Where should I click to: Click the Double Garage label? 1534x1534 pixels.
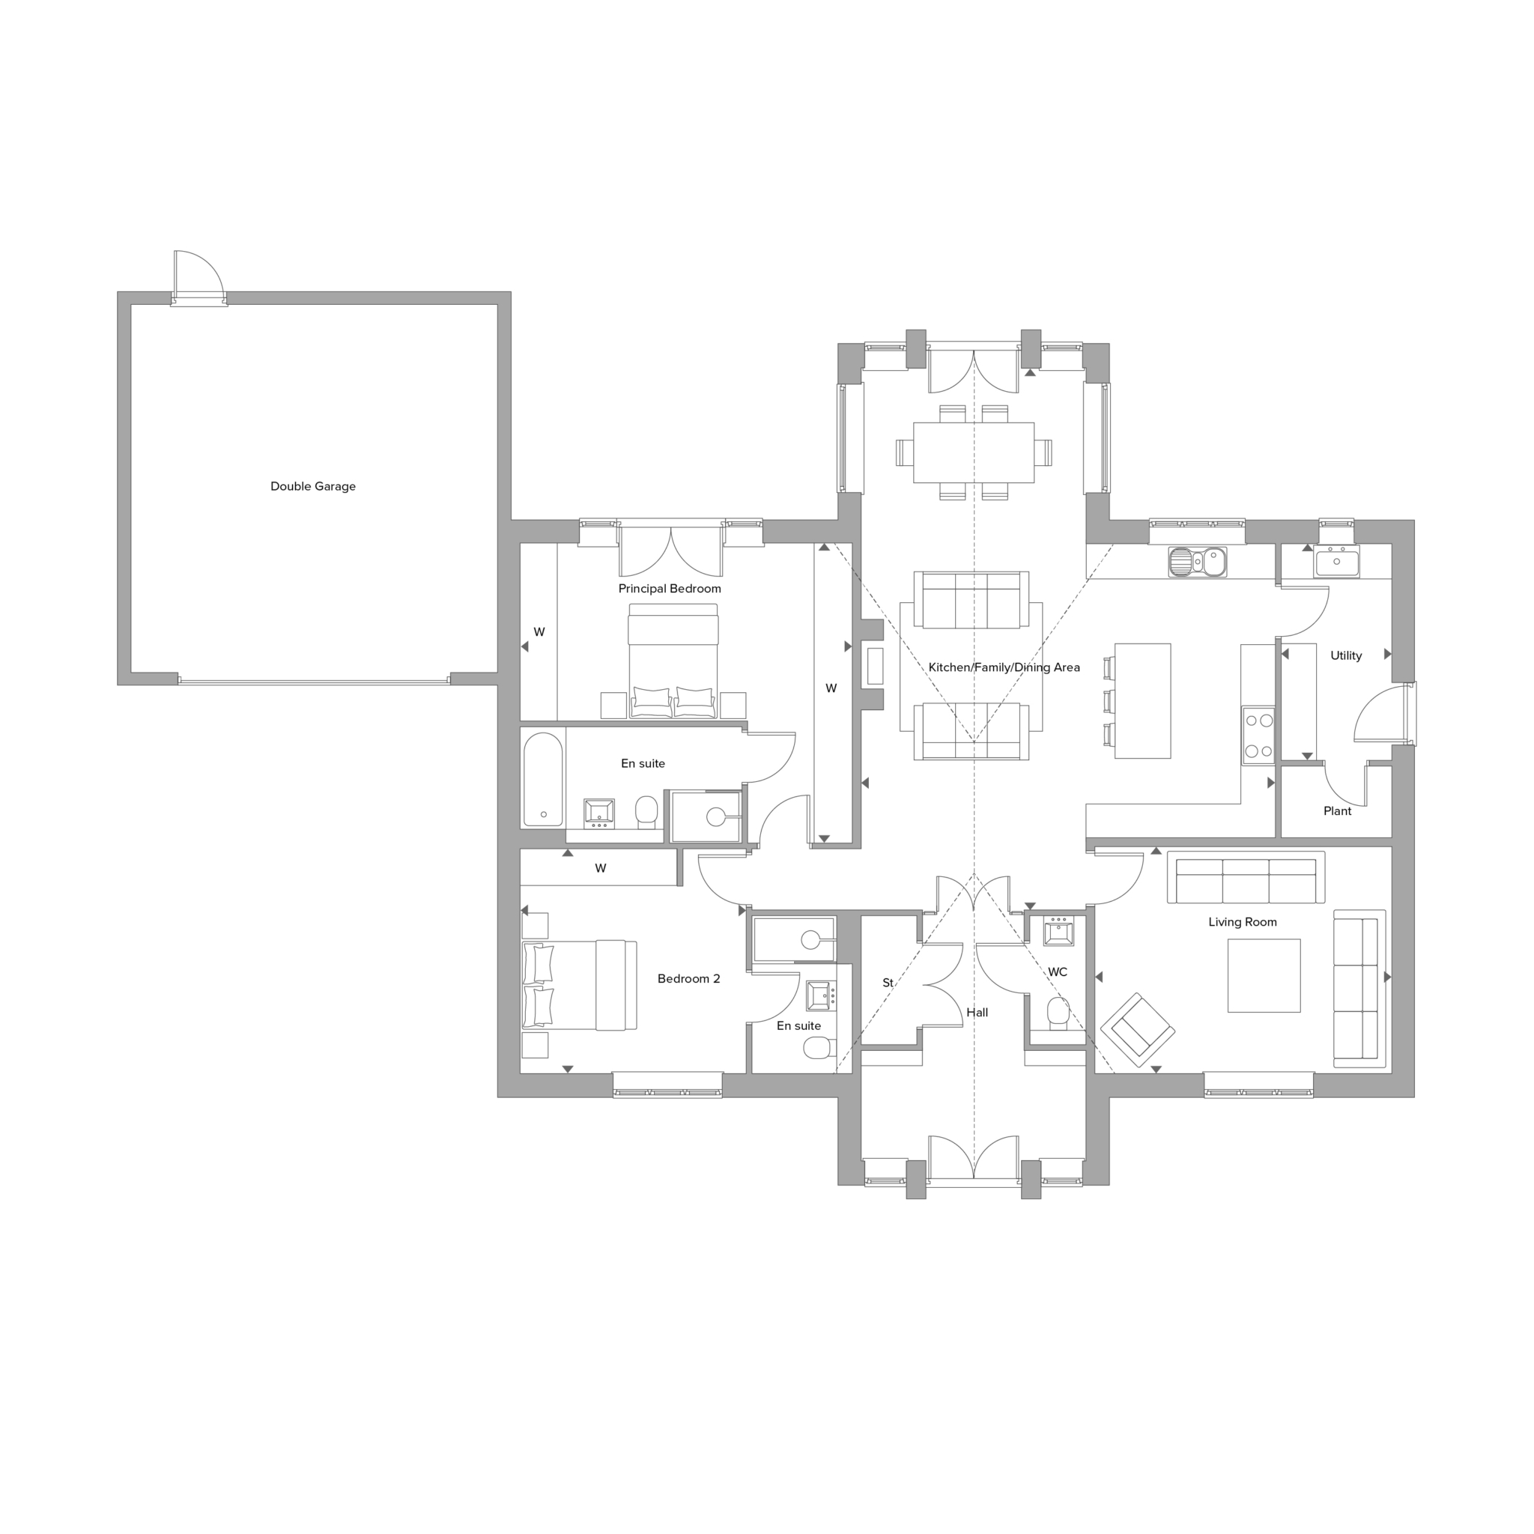click(x=313, y=486)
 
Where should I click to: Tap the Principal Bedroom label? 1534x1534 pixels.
click(x=670, y=588)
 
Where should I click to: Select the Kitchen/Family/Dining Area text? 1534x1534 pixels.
click(x=1004, y=667)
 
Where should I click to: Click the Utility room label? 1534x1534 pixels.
click(x=1346, y=655)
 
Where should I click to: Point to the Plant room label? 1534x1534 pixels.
click(x=1337, y=810)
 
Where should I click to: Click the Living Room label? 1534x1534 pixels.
click(x=1243, y=922)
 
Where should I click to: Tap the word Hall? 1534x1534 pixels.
click(x=977, y=1013)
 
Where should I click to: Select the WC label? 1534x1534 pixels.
click(x=1058, y=971)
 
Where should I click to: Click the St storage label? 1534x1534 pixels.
click(x=888, y=982)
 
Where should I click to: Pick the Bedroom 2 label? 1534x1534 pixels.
click(x=688, y=978)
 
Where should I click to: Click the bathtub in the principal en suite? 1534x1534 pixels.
click(x=543, y=779)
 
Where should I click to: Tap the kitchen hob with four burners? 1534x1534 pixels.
click(x=1258, y=736)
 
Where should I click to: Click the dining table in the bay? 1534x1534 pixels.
click(x=974, y=452)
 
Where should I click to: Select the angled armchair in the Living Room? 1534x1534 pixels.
click(x=1138, y=1030)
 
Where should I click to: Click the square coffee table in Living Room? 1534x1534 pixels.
click(x=1264, y=976)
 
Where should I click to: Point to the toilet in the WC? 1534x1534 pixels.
click(x=1058, y=1013)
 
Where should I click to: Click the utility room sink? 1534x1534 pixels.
click(x=1336, y=561)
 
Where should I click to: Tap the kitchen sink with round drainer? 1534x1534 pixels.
click(x=1198, y=561)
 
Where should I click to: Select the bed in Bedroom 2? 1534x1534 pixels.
click(x=580, y=986)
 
